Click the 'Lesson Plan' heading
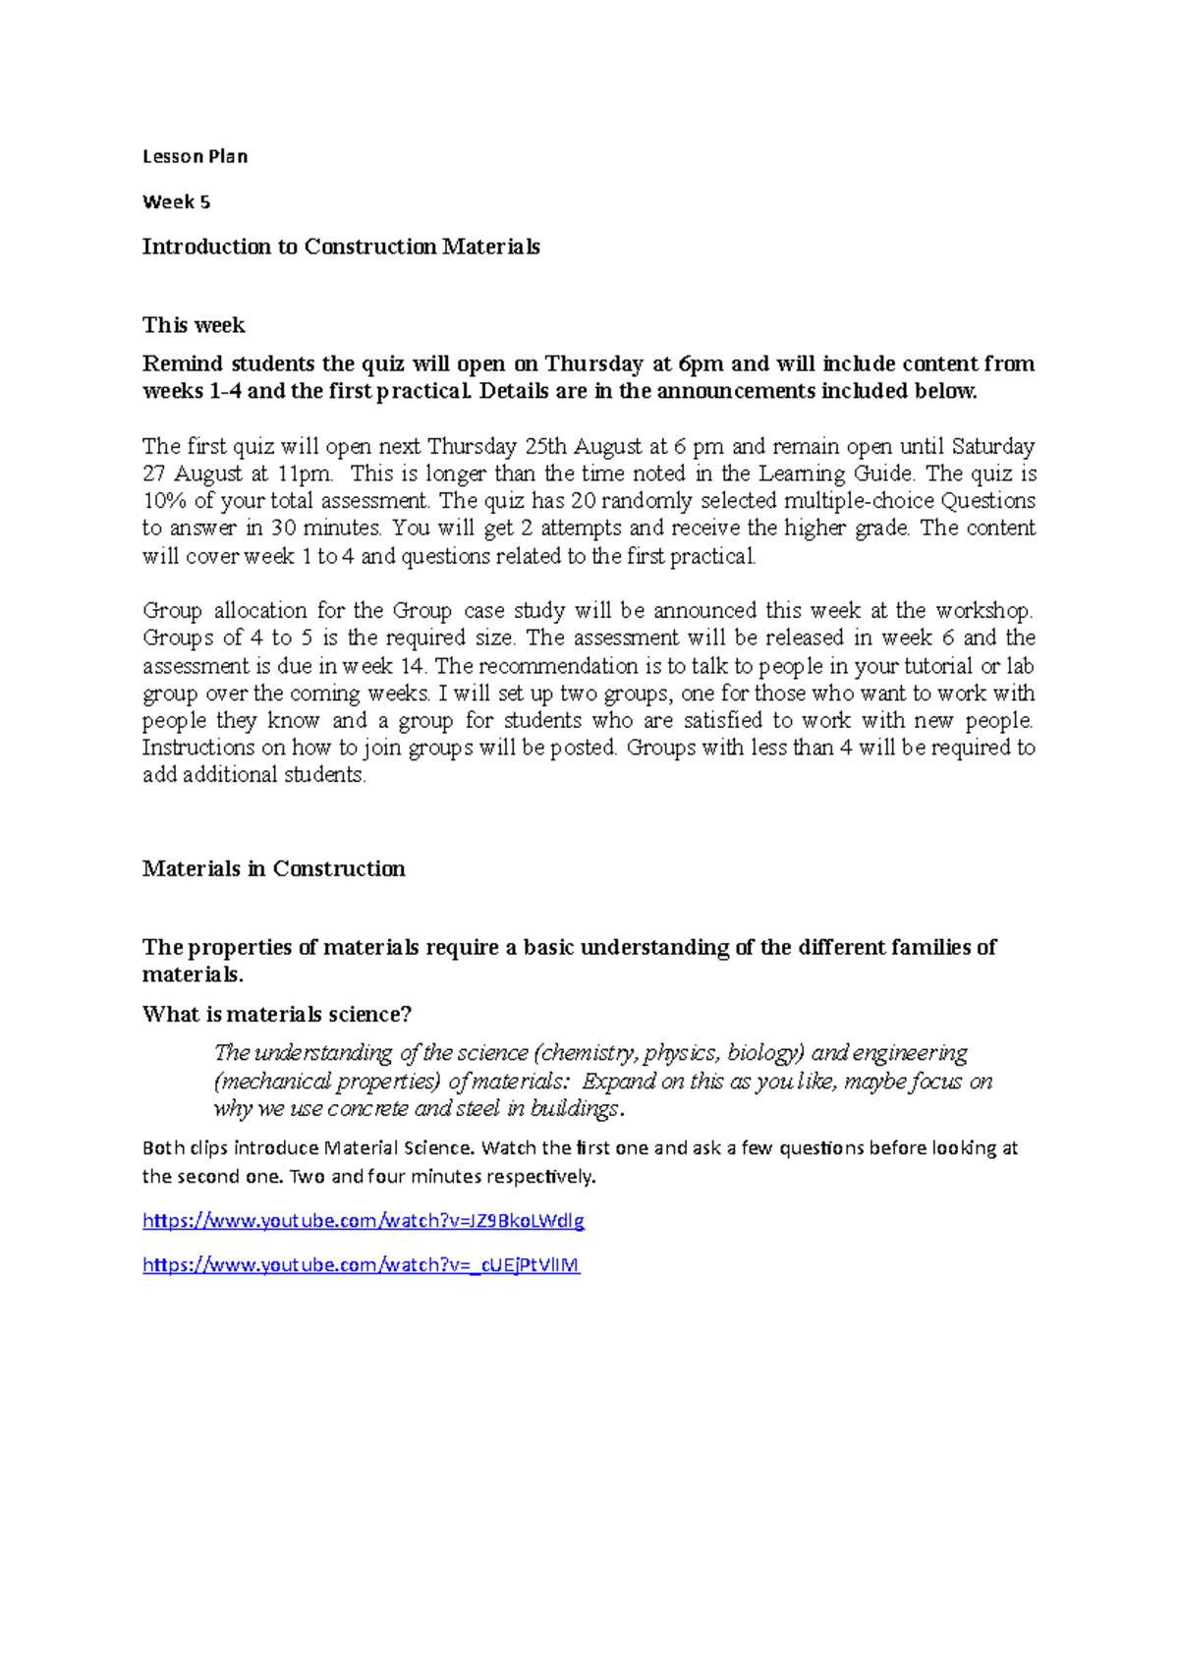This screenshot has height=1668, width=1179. point(195,156)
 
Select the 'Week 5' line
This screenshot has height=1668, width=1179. point(176,202)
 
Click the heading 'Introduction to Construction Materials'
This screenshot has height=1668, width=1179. point(341,247)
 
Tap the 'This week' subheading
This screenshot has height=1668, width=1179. point(194,325)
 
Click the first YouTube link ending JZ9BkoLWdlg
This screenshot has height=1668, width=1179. point(364,1221)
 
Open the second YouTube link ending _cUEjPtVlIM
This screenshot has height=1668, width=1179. point(361,1265)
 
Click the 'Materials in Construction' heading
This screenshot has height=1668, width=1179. point(273,868)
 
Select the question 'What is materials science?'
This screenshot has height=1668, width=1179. point(277,1014)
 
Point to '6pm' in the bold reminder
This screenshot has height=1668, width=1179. point(702,363)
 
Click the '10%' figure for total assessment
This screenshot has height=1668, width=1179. point(164,501)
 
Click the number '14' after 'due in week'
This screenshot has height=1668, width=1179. point(412,666)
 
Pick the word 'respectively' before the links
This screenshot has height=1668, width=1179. point(546,1177)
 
